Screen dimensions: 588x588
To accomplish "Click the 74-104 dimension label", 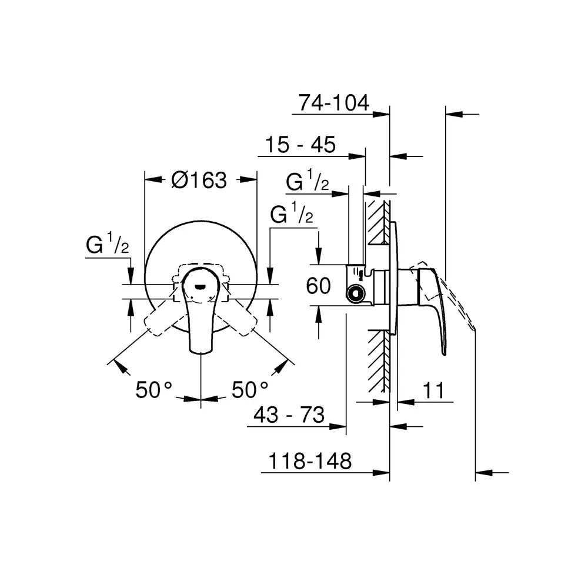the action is coord(334,102).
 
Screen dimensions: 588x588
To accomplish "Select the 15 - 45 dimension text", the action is coord(300,145).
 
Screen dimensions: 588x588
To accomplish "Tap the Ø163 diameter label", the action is coord(199,180).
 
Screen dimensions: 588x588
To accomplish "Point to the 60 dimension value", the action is coord(318,286).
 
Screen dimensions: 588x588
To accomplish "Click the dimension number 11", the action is coord(433,390).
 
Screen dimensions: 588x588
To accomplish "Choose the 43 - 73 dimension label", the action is coord(289,415).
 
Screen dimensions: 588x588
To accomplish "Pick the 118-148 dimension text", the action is coord(310,461).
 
